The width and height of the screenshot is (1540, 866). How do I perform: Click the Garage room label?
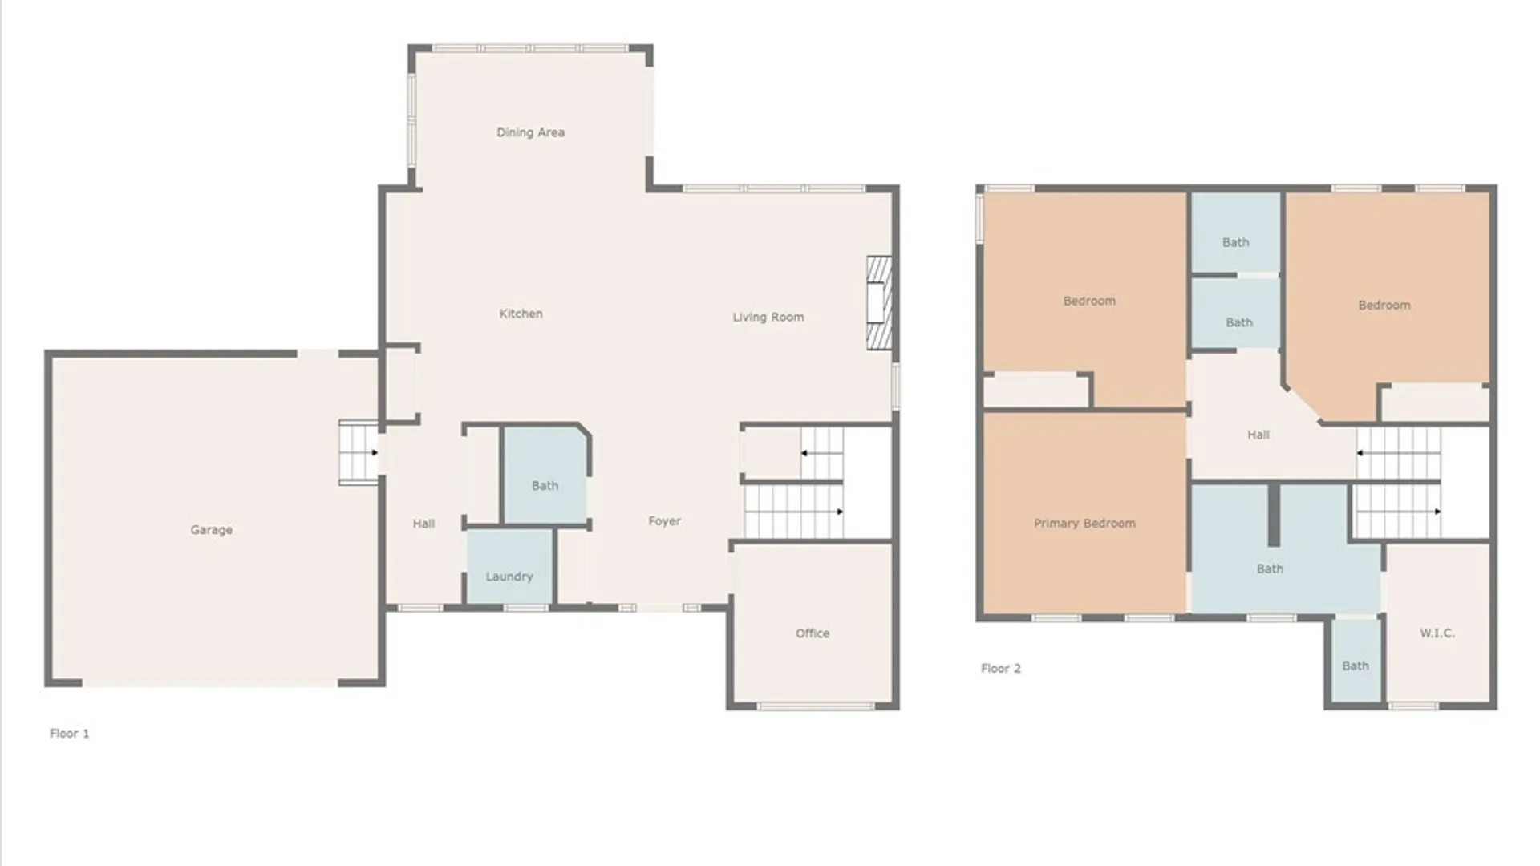click(212, 530)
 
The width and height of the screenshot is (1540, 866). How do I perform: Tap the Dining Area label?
click(530, 132)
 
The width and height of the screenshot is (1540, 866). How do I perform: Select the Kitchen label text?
click(521, 314)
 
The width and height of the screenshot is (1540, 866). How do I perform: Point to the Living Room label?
click(768, 318)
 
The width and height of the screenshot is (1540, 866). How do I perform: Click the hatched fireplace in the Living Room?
click(879, 302)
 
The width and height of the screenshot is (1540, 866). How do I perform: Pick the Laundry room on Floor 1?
click(509, 576)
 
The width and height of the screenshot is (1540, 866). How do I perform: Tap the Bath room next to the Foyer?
click(545, 485)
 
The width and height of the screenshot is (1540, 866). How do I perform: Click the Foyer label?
click(664, 521)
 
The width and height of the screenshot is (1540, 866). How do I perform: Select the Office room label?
click(812, 633)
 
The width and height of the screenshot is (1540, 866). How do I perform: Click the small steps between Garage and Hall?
click(358, 452)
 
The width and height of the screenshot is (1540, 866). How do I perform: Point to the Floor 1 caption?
click(70, 734)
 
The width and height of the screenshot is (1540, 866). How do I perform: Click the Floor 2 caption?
click(1000, 669)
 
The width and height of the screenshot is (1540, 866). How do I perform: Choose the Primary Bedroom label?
click(1084, 524)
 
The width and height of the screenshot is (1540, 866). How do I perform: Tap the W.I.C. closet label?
click(1437, 633)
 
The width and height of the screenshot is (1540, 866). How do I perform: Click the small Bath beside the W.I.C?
click(1355, 665)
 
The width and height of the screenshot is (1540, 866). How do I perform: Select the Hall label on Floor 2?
click(1258, 435)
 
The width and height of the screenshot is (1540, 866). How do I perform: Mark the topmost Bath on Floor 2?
click(1235, 241)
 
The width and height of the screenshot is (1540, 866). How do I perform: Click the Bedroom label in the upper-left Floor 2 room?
click(1088, 301)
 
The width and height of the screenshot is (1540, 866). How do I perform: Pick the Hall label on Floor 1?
click(423, 524)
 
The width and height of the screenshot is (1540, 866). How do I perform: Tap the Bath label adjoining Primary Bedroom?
click(1269, 569)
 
